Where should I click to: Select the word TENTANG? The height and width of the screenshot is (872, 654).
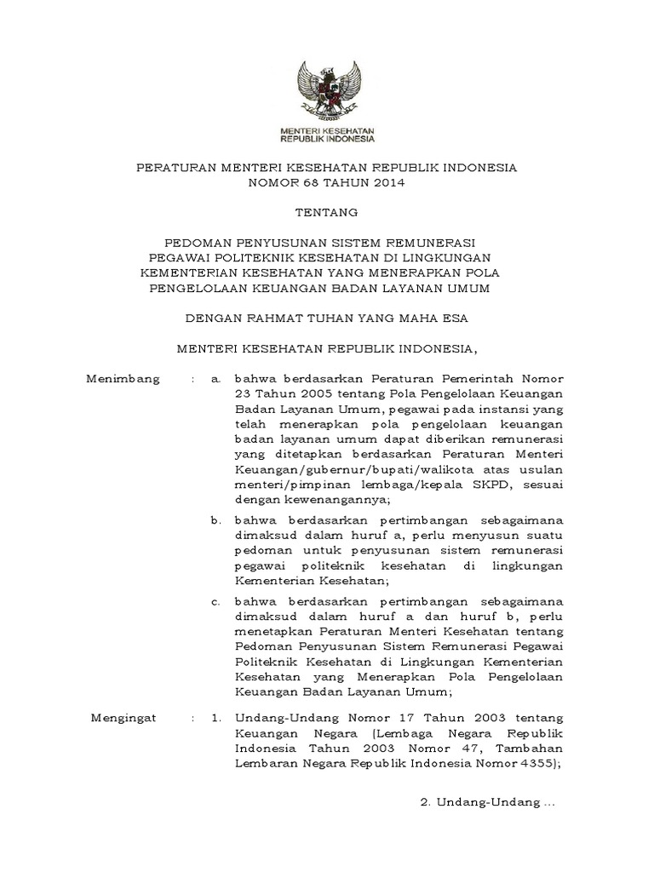(327, 211)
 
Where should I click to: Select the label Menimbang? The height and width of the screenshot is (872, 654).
(123, 378)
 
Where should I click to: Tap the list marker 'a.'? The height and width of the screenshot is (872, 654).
(216, 378)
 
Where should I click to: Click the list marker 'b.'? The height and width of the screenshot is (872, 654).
(216, 519)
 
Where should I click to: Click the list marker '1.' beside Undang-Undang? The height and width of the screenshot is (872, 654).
(217, 720)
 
